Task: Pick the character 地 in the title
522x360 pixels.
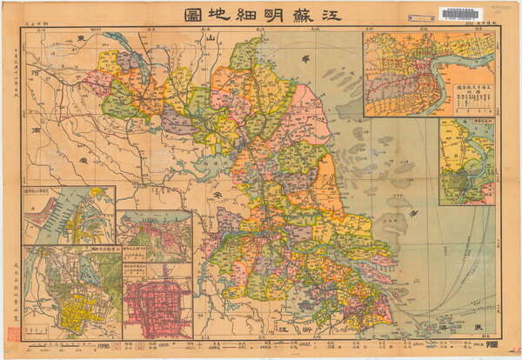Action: (x=193, y=15)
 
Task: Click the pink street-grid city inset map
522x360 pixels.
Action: (x=156, y=308)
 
